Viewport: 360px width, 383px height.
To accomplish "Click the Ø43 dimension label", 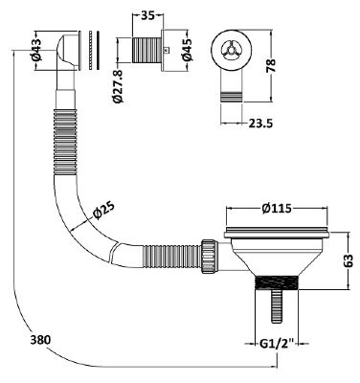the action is click(x=36, y=50).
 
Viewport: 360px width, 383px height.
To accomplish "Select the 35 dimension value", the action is click(x=147, y=15).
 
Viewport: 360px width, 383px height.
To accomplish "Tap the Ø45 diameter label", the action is click(x=187, y=49).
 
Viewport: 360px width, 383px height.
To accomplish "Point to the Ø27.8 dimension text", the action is click(x=119, y=86).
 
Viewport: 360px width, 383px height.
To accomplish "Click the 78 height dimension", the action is click(x=271, y=66).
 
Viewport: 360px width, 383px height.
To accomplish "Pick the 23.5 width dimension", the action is click(x=260, y=124).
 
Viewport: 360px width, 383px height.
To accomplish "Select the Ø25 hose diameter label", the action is click(x=103, y=211).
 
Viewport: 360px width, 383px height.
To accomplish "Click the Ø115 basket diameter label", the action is click(x=277, y=209).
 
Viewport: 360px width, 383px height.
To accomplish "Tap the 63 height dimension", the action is click(x=349, y=260).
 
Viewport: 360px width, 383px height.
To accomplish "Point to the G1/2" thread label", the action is click(x=277, y=344).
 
